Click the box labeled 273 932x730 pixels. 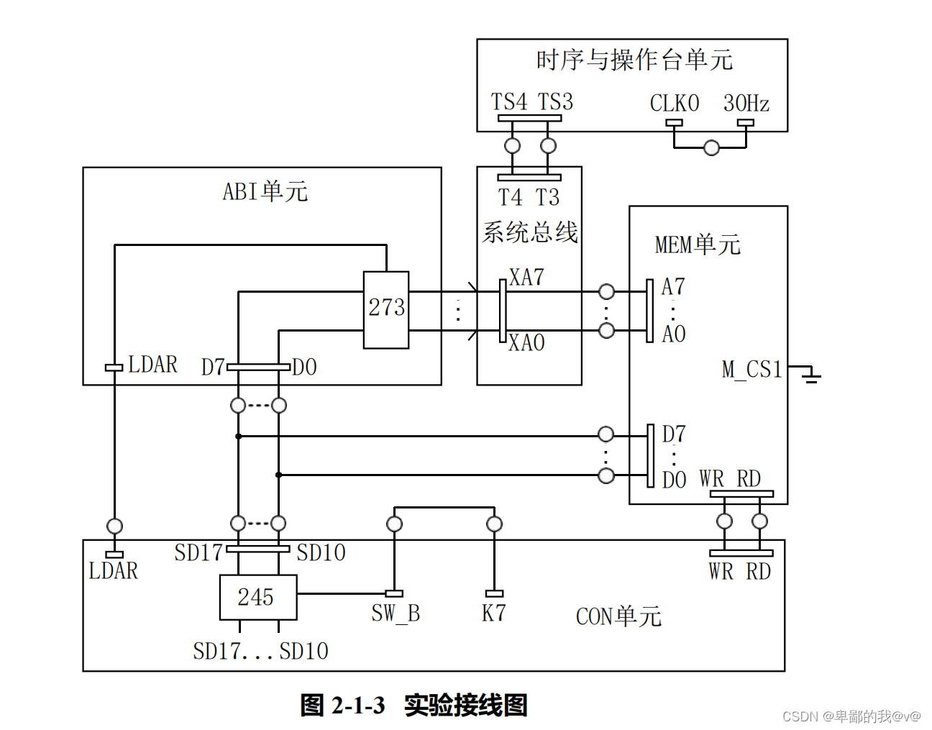click(386, 309)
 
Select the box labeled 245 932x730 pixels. click(257, 597)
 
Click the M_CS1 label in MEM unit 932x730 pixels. click(751, 370)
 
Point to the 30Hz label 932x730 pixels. click(746, 104)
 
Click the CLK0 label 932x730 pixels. click(674, 104)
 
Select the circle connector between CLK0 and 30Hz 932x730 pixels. click(711, 148)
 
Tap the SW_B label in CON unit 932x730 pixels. click(395, 613)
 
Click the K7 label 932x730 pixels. click(493, 613)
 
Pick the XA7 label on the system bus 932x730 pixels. click(526, 278)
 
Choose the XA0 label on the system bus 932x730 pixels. click(526, 343)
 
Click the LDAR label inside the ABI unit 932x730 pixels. click(152, 365)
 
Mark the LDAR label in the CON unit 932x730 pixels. click(113, 571)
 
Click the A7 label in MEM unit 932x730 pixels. click(673, 287)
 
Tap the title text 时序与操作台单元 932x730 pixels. click(634, 60)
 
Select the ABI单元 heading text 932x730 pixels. click(265, 191)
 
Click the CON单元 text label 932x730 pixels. click(618, 616)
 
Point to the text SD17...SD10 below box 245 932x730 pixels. click(260, 652)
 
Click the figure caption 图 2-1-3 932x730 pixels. click(342, 705)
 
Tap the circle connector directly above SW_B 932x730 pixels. click(394, 524)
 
